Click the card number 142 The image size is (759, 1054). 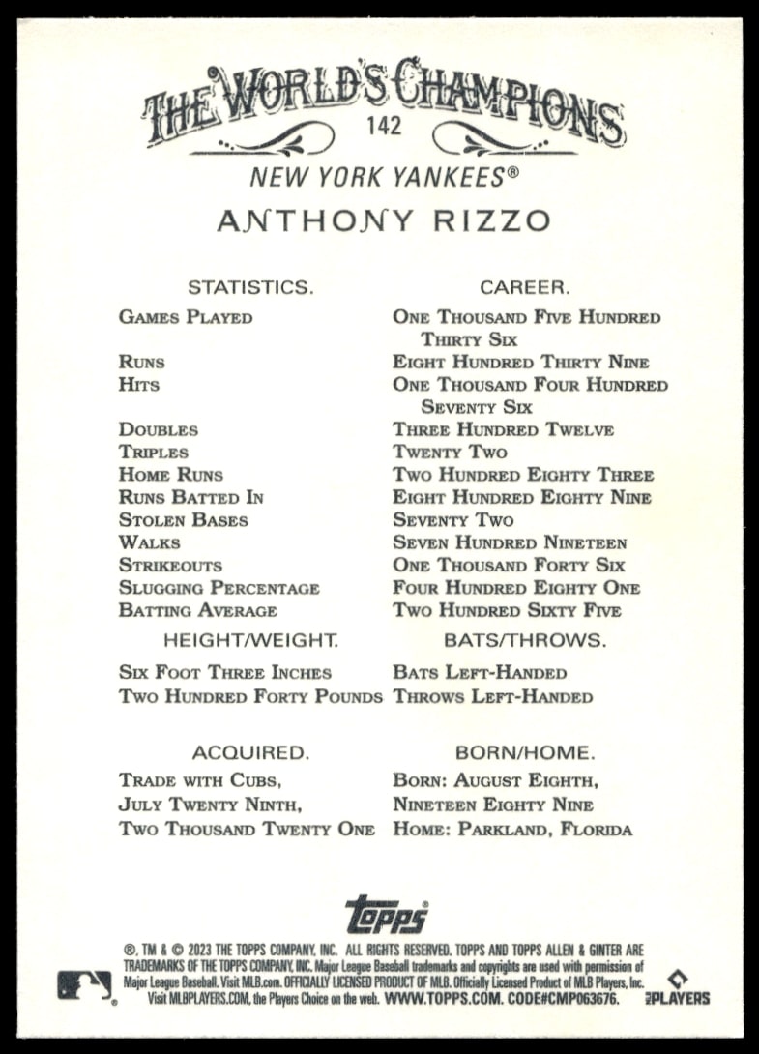tap(384, 125)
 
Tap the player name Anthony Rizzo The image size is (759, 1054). tap(383, 220)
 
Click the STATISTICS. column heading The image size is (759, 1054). tap(250, 287)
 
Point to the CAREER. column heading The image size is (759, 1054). tap(525, 287)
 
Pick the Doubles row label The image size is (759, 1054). tap(159, 429)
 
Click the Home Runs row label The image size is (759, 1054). tap(171, 475)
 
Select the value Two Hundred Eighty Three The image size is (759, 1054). tap(523, 475)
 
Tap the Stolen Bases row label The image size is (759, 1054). tap(184, 520)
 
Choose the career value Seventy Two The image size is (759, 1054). tap(453, 520)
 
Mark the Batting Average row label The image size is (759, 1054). tap(198, 611)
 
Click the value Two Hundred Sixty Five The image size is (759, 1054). tap(507, 611)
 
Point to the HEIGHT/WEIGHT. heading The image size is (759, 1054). tap(250, 640)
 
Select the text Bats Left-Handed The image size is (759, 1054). tap(480, 673)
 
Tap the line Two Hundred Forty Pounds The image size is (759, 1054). tap(250, 696)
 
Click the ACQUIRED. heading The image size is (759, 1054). tap(250, 752)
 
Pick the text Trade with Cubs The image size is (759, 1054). tap(200, 779)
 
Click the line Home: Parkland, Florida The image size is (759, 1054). tap(512, 830)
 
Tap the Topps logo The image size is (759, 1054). tap(386, 914)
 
